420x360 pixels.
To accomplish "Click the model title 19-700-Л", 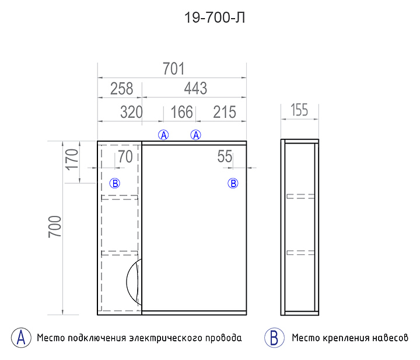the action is coord(215,18).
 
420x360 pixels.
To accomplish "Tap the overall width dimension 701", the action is coord(174,69).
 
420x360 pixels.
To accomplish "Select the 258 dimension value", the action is coord(121,89).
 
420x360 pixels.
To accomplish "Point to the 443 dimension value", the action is coord(195,88).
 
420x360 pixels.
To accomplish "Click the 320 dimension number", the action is coord(131,112).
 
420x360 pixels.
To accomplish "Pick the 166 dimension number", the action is coord(181,112).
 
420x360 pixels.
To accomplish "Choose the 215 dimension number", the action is coord(225,112).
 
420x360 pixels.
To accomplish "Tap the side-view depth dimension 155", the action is coord(299,110).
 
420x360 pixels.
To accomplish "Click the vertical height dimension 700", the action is coord(55,226).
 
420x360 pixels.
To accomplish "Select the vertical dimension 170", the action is coord(72,160).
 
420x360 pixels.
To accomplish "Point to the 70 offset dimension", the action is coord(125,157).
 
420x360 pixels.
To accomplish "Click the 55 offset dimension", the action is coord(225,156).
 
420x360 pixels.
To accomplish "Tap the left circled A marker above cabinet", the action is coord(163,135).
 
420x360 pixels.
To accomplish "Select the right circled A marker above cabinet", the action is coord(196,135).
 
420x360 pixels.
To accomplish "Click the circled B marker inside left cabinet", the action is coord(115,183).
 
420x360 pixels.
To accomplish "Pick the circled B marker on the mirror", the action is coord(233,183).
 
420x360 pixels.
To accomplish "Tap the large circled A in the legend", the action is coord(21,338).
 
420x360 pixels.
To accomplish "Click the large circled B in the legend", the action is coord(274,338).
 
